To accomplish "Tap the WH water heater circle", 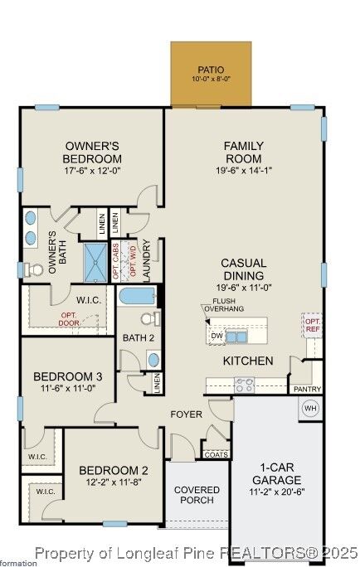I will [310, 408].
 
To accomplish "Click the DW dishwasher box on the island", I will [216, 336].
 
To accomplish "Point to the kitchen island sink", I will [236, 337].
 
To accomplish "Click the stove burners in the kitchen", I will [245, 385].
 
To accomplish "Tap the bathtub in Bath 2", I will [137, 297].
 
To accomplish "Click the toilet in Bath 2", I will [148, 318].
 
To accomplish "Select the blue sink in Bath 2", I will [153, 359].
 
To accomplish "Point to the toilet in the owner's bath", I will [33, 269].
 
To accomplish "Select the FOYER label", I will [187, 414].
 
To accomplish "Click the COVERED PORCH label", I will [197, 495].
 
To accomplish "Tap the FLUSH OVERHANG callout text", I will [228, 305].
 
